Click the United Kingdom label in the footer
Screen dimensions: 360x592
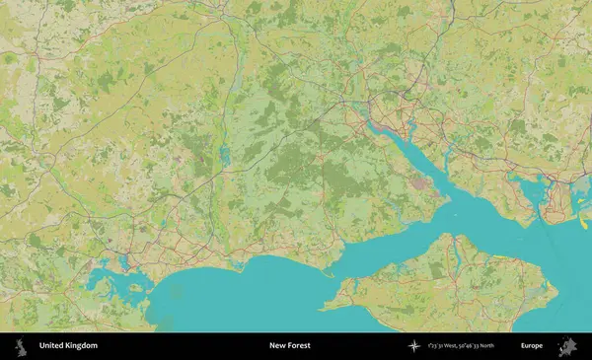[x=68, y=346]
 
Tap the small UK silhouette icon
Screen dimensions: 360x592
[x=20, y=346]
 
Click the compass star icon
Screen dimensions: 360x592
[x=414, y=346]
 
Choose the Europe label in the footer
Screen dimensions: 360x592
[x=533, y=346]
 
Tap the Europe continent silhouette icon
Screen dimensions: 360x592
[x=568, y=346]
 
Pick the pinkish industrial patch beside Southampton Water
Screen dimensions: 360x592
[x=422, y=181]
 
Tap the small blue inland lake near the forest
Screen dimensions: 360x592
[x=225, y=155]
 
